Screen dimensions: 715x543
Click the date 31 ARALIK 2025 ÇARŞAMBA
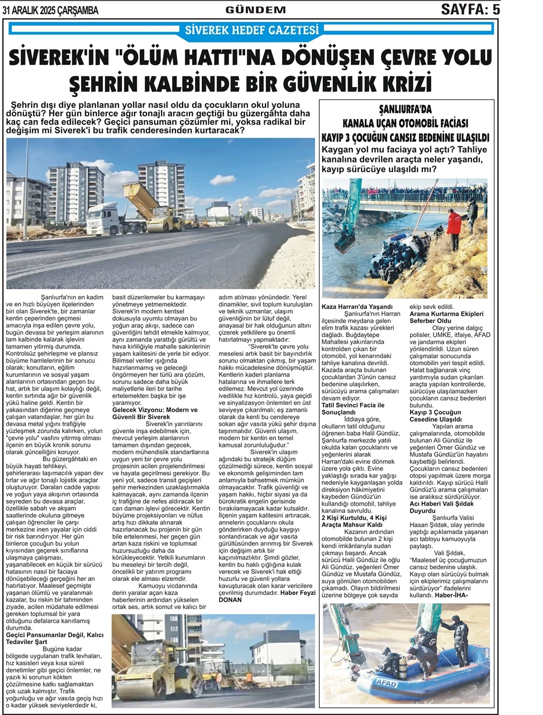point(50,11)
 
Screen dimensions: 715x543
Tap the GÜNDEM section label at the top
point(255,10)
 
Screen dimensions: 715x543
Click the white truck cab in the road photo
point(103,217)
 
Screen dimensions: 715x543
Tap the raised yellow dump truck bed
point(142,198)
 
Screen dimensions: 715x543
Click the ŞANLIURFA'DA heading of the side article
point(405,110)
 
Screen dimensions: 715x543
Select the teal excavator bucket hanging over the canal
point(346,241)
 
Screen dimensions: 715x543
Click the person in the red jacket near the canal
point(454,223)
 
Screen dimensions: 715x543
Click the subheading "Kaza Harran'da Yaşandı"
point(358,307)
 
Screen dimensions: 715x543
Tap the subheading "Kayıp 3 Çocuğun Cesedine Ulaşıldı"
point(436,415)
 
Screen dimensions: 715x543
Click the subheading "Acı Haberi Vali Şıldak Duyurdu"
point(439,507)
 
